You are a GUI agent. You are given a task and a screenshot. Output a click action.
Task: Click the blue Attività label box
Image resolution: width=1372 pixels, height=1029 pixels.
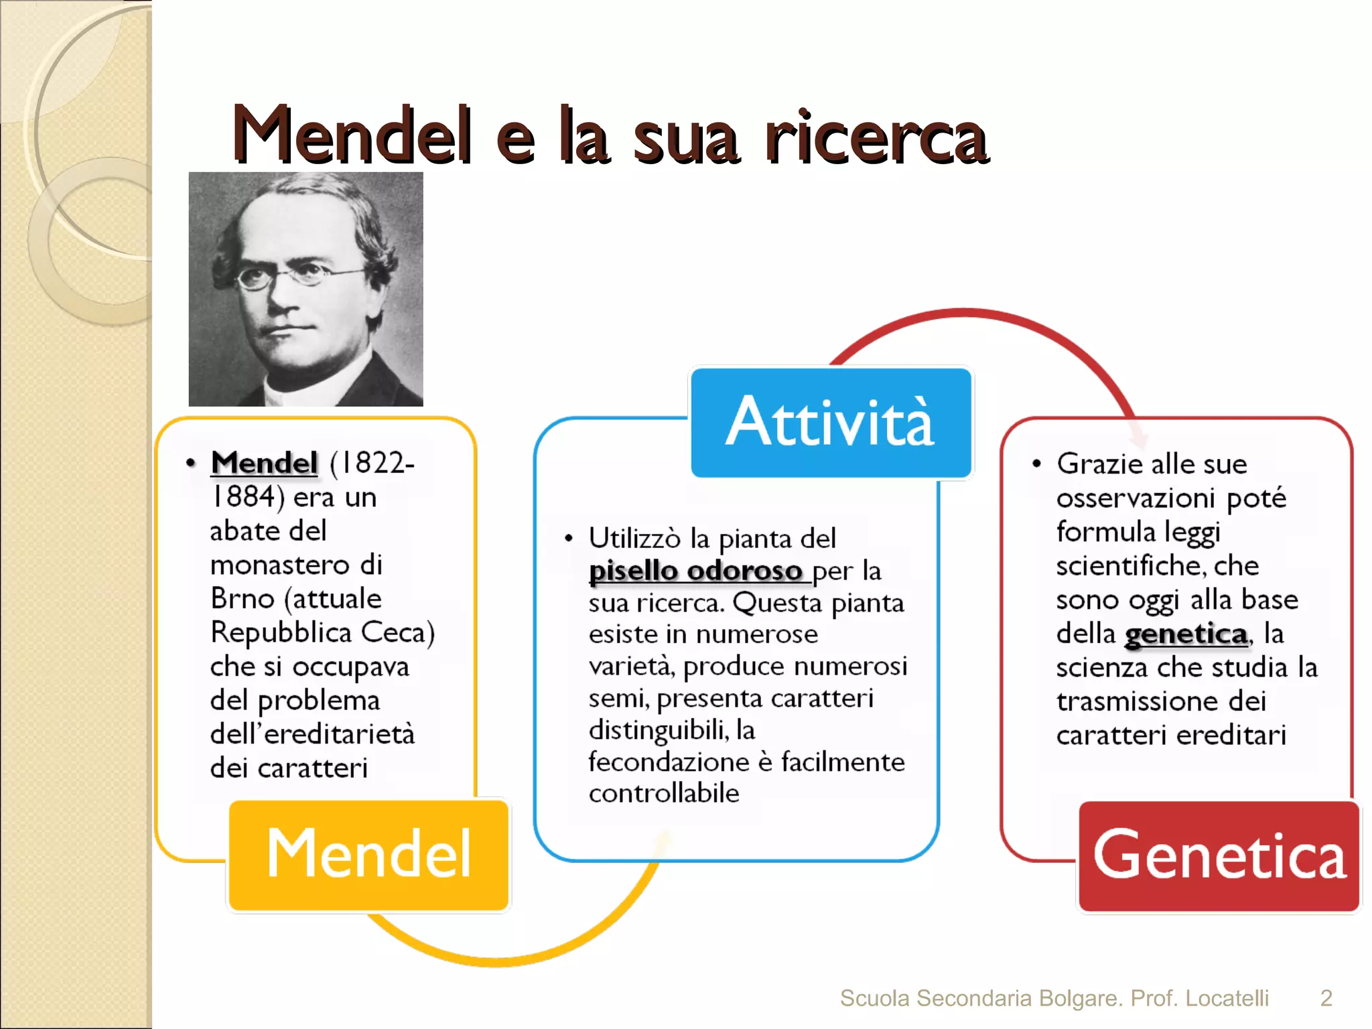(x=831, y=422)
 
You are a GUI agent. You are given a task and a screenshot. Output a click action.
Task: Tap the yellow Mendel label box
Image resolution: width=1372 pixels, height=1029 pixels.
(x=369, y=854)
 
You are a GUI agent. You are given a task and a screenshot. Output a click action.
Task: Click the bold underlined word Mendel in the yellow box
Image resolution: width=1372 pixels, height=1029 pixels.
(x=264, y=463)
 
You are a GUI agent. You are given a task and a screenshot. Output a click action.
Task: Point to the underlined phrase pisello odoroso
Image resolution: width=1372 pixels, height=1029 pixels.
(x=695, y=571)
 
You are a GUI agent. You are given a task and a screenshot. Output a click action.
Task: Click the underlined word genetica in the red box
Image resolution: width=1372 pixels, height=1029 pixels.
(x=1186, y=634)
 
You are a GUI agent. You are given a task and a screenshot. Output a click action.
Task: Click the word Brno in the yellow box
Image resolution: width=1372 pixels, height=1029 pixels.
(x=242, y=598)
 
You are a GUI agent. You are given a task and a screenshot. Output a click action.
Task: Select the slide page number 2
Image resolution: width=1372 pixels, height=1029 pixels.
(x=1326, y=998)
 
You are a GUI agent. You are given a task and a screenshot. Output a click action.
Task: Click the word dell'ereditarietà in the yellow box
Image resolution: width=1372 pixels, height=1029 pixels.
(x=312, y=734)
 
